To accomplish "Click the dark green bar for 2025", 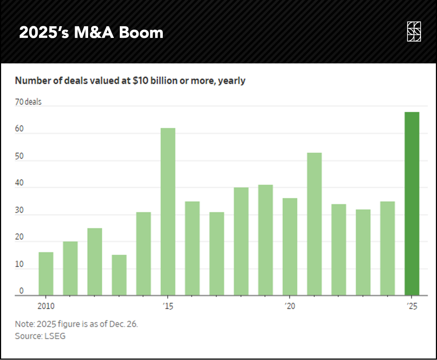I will pyautogui.click(x=412, y=204).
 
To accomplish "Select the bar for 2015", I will pyautogui.click(x=168, y=212).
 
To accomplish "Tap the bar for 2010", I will pyautogui.click(x=46, y=274).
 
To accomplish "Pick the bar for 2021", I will pyautogui.click(x=314, y=224).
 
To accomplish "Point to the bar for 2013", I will pyautogui.click(x=119, y=275).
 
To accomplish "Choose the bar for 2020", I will pyautogui.click(x=290, y=247).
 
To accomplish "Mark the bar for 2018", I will pyautogui.click(x=241, y=241).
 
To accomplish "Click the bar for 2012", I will pyautogui.click(x=95, y=262).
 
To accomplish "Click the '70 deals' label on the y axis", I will pyautogui.click(x=28, y=102).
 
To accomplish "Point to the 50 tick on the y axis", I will pyautogui.click(x=19, y=156).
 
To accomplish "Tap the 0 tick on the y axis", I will pyautogui.click(x=21, y=291).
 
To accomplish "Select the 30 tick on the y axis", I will pyautogui.click(x=19, y=210).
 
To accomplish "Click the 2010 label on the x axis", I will pyautogui.click(x=46, y=306).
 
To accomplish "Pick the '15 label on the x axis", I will pyautogui.click(x=168, y=306).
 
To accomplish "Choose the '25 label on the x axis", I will pyautogui.click(x=412, y=306).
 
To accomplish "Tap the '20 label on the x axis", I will pyautogui.click(x=290, y=306).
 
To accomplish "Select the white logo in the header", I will pyautogui.click(x=414, y=31).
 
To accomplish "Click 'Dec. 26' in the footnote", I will pyautogui.click(x=124, y=324).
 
